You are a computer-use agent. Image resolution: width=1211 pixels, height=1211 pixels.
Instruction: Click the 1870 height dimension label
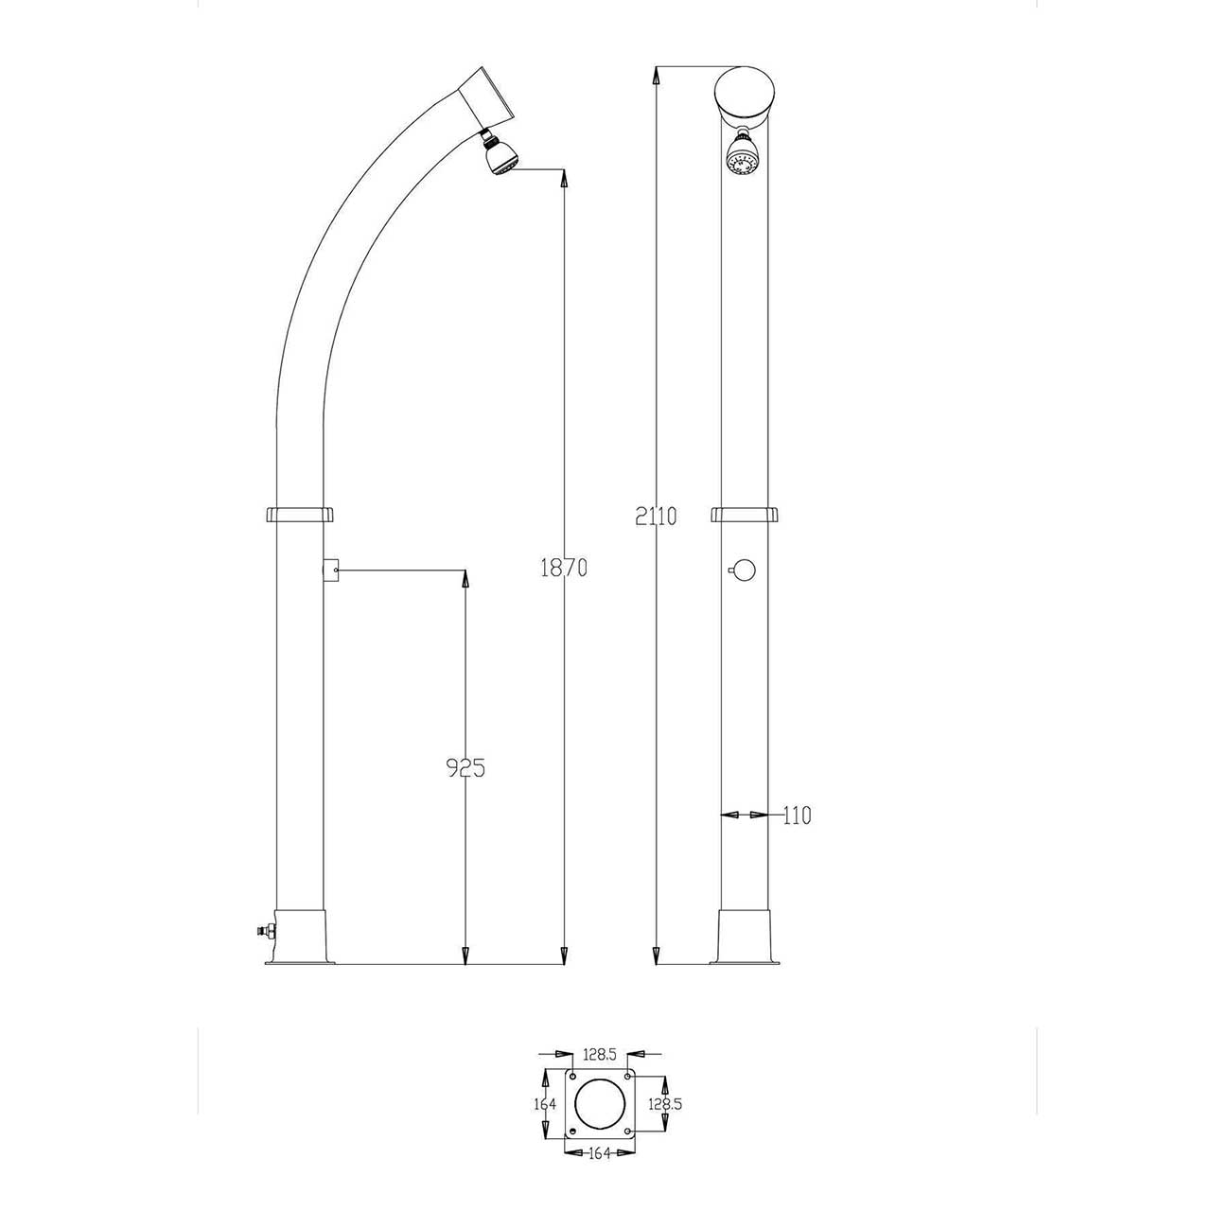564,568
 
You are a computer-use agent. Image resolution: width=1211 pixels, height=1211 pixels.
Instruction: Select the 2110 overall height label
657,517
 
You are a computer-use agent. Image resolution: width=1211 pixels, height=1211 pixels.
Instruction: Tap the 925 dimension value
465,767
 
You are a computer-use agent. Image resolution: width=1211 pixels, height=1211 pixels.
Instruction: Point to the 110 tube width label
797,815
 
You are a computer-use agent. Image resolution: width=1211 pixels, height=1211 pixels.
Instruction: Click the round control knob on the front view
743,570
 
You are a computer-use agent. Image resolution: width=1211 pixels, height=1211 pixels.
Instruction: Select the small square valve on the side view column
330,570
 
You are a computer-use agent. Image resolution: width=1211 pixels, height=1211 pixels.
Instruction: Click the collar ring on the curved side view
301,515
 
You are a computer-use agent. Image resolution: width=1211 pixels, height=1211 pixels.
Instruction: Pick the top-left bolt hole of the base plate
572,1077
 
